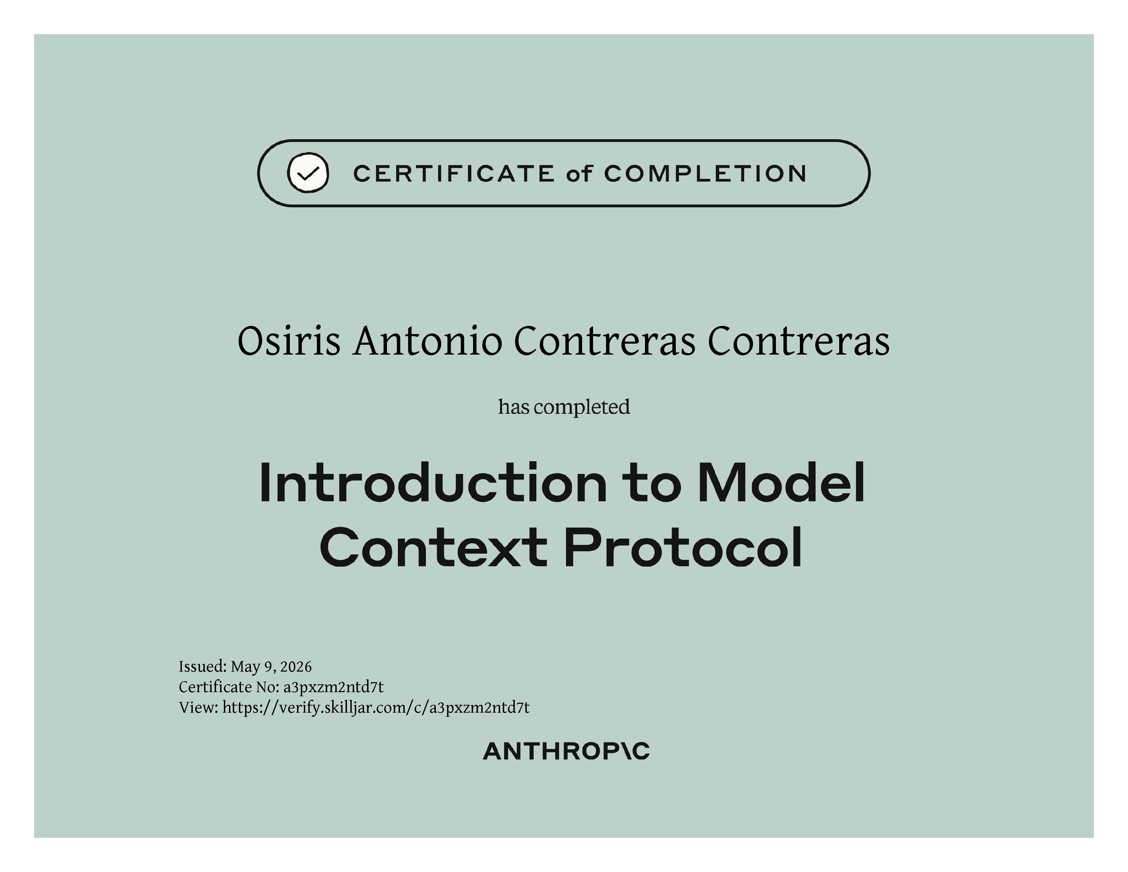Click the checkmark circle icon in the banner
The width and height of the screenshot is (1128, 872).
308,173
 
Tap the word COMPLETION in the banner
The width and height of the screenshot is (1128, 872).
705,174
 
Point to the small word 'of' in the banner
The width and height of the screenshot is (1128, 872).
579,174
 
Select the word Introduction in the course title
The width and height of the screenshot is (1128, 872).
433,483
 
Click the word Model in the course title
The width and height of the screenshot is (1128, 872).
781,483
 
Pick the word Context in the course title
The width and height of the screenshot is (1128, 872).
433,547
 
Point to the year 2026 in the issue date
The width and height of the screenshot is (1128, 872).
296,667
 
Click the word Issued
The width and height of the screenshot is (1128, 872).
202,667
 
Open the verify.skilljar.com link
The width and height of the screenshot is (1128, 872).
376,708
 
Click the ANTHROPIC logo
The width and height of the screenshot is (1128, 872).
566,752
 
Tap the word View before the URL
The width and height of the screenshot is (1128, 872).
199,708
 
